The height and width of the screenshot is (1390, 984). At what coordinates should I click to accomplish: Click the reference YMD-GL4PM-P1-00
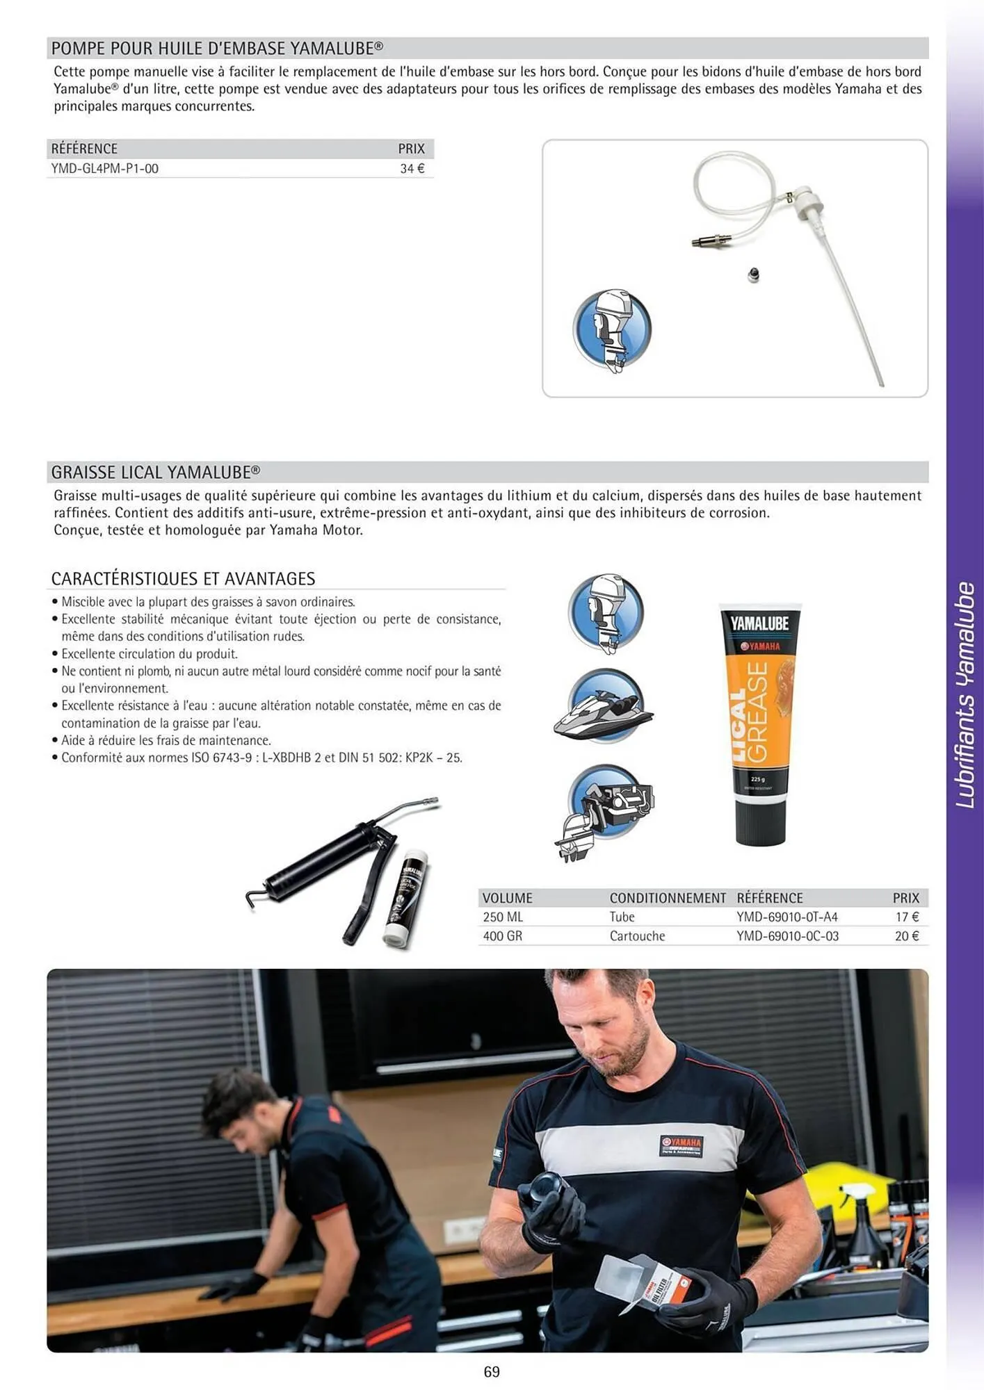pyautogui.click(x=104, y=169)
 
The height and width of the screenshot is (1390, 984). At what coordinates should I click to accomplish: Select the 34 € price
pyautogui.click(x=412, y=169)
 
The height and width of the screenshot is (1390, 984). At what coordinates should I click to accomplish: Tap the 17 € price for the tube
pyautogui.click(x=907, y=917)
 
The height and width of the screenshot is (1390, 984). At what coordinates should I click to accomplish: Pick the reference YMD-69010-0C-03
pyautogui.click(x=787, y=936)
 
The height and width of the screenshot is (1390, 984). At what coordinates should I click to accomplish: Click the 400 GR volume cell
pyautogui.click(x=502, y=936)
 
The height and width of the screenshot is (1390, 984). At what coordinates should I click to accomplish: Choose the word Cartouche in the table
pyautogui.click(x=637, y=936)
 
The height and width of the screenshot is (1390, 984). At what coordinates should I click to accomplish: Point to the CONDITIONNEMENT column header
pyautogui.click(x=667, y=898)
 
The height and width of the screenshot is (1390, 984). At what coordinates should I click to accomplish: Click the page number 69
pyautogui.click(x=492, y=1372)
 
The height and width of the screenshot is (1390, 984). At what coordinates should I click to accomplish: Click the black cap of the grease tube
pyautogui.click(x=761, y=824)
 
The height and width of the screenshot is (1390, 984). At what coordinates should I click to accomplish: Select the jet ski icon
pyautogui.click(x=604, y=708)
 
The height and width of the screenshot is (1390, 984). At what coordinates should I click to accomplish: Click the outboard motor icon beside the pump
pyautogui.click(x=611, y=330)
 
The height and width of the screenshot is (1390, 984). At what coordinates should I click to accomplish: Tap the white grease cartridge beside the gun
pyautogui.click(x=407, y=900)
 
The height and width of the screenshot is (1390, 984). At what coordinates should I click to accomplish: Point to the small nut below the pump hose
pyautogui.click(x=753, y=275)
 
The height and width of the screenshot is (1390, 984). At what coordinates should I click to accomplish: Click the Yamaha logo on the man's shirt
pyautogui.click(x=681, y=1145)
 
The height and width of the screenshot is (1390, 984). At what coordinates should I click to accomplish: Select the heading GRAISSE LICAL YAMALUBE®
pyautogui.click(x=156, y=473)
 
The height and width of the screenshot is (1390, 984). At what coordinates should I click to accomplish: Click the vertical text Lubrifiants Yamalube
pyautogui.click(x=965, y=695)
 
